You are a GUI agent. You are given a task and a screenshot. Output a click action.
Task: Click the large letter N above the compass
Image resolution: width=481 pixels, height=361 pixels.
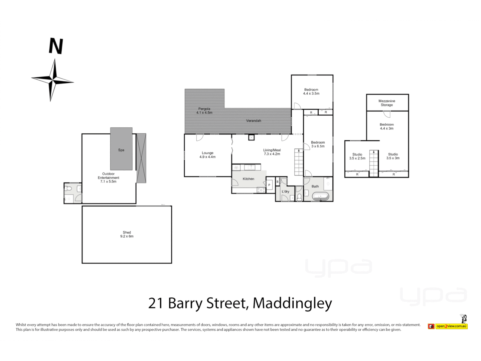pos(56,46)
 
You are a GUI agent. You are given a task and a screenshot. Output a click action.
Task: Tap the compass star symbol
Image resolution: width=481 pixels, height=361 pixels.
pos(52,80)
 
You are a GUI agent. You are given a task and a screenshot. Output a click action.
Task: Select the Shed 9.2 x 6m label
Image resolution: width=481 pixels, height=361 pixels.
pos(127,234)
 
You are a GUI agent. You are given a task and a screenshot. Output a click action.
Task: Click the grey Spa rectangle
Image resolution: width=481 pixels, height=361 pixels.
pos(121,149)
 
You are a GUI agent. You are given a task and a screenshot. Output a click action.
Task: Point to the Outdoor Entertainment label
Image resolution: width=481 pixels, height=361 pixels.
pos(109,177)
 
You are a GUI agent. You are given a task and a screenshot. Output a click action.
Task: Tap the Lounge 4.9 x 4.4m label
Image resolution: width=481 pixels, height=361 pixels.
pos(207,155)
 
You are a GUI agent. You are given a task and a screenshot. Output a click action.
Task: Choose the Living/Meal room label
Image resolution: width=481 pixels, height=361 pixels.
pos(272,152)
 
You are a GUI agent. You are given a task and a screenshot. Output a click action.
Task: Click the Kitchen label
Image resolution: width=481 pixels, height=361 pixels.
pos(249,179)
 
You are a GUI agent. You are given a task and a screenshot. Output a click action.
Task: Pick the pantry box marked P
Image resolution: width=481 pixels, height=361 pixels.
pos(269,185)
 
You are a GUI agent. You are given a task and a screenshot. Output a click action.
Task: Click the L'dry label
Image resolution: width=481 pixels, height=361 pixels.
pos(285,192)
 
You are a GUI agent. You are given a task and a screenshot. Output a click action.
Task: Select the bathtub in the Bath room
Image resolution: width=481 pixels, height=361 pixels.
pos(321,197)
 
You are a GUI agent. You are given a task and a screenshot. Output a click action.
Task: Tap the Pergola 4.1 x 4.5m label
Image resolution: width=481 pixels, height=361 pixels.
pos(204,111)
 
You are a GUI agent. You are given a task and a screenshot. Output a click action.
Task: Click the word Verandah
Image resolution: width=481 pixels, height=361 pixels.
pos(254,121)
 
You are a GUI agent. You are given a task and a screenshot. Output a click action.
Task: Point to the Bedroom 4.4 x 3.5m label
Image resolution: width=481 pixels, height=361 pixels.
pos(311,92)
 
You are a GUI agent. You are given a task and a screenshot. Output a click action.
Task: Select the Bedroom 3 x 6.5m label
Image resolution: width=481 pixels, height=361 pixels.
pos(318,144)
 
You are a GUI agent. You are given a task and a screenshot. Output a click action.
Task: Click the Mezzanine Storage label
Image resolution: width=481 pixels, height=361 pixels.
pos(387,103)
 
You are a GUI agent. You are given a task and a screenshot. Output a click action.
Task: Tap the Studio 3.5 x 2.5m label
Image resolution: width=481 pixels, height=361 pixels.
pos(357,156)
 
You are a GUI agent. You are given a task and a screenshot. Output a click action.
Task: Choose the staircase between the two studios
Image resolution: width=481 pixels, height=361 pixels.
pos(374,163)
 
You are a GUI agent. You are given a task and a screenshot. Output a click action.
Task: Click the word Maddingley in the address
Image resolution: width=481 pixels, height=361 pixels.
pos(292,303)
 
